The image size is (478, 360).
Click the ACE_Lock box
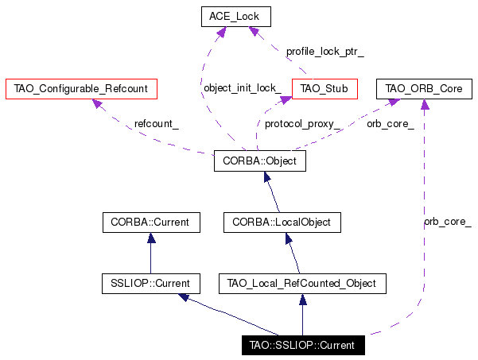click(x=236, y=17)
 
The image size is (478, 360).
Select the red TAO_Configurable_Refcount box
click(x=81, y=89)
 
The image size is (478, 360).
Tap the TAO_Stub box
click(x=324, y=89)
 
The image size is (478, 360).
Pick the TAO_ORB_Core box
click(x=424, y=89)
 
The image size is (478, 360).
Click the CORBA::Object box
click(x=260, y=161)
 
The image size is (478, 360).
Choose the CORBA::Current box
click(x=151, y=223)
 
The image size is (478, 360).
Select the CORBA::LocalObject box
click(x=282, y=223)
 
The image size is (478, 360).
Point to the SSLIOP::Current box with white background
click(x=151, y=284)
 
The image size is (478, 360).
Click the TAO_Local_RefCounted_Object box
click(x=302, y=284)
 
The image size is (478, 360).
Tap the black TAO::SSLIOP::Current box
click(x=303, y=345)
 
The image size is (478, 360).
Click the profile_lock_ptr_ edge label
click(x=325, y=52)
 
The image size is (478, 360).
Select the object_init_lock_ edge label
click(x=243, y=88)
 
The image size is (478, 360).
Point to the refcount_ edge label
click(x=157, y=124)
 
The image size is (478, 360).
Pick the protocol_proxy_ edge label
click(x=302, y=124)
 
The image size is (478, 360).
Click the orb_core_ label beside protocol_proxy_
click(x=391, y=124)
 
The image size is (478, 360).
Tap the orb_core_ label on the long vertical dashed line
click(x=448, y=222)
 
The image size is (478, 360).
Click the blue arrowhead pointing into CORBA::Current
click(x=151, y=238)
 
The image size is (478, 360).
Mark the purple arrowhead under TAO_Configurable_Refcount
click(x=97, y=103)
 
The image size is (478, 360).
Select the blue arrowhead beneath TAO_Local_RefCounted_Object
click(x=303, y=300)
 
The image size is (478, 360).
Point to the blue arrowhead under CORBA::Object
click(x=267, y=177)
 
